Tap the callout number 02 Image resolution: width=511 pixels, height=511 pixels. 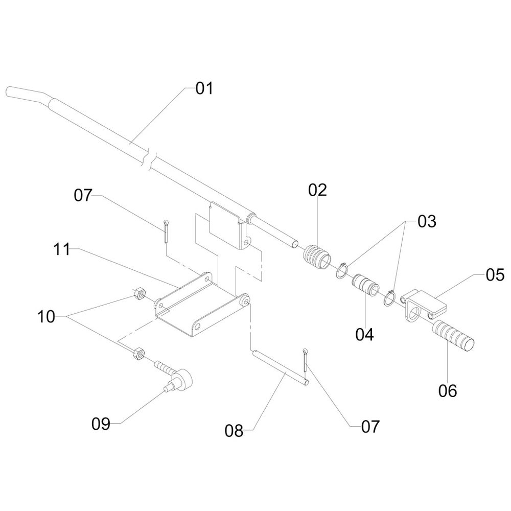point(317,191)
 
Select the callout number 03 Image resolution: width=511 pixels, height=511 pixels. point(427,222)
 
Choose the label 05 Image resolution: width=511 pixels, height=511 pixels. point(495,276)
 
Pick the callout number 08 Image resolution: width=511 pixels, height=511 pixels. point(235,431)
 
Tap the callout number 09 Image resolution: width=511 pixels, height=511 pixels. point(101,424)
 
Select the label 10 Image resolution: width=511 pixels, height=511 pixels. point(45,317)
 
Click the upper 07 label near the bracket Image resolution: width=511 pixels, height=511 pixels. point(83,195)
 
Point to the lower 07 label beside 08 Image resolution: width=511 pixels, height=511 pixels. point(369,426)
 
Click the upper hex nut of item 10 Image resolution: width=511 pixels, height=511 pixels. point(138,294)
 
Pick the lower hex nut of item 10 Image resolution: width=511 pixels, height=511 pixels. point(138,354)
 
